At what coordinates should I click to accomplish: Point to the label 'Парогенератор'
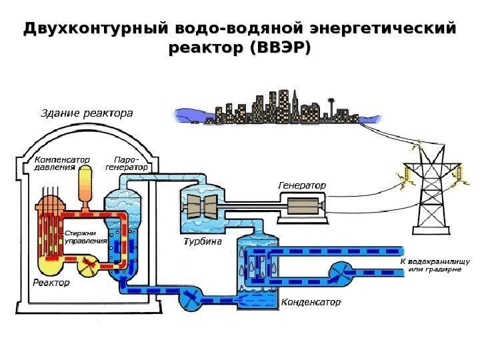(127, 164)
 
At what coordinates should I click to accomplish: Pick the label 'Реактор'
(51, 283)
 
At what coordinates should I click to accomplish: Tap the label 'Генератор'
(301, 184)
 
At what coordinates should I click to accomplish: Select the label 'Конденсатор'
(311, 302)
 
